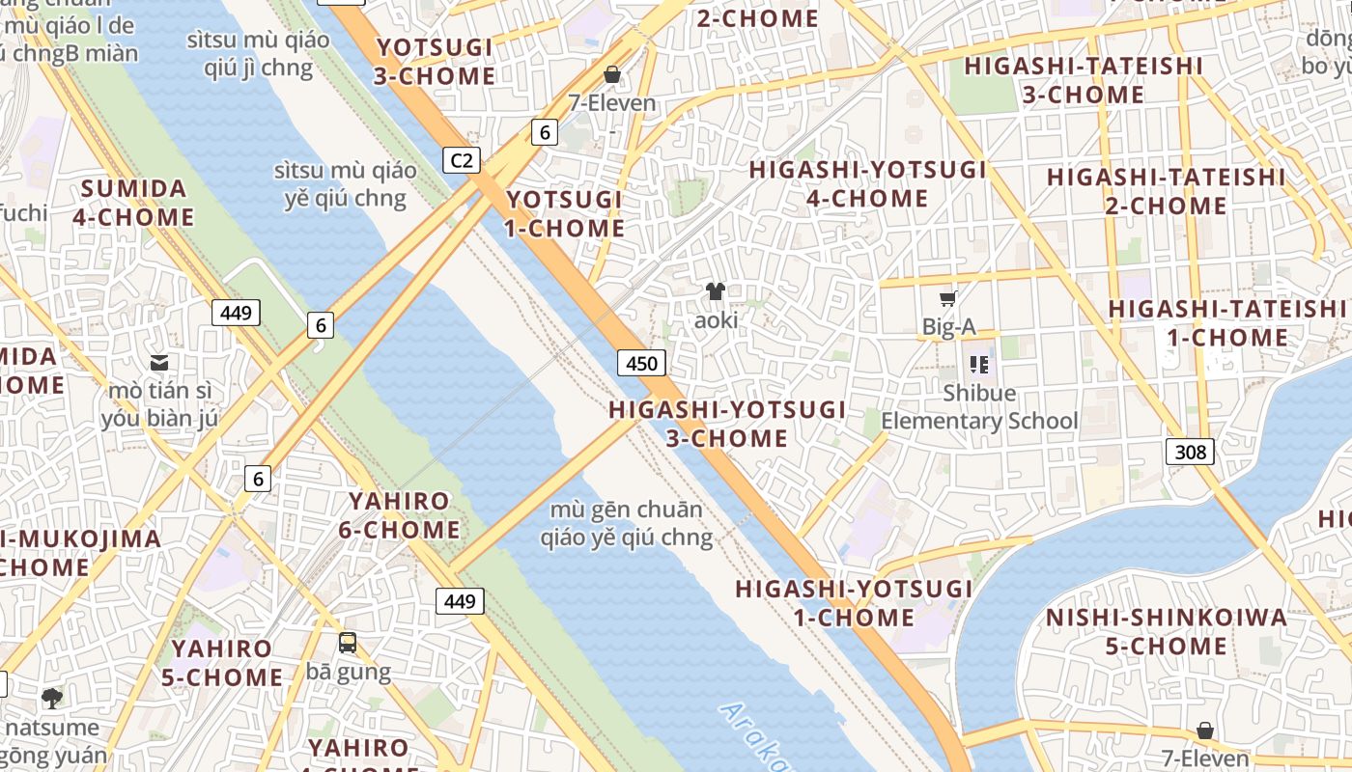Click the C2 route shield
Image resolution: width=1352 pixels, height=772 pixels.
[x=462, y=159]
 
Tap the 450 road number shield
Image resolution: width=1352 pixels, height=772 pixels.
[x=641, y=363]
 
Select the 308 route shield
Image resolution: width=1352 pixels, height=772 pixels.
[x=1189, y=451]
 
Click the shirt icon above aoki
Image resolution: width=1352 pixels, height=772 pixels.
[x=715, y=290]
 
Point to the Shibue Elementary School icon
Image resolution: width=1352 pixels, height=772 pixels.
[x=979, y=365]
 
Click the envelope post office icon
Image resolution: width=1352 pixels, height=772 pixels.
[x=159, y=363]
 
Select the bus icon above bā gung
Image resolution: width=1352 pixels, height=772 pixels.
[x=348, y=642]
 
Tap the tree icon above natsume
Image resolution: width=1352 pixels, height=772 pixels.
[x=51, y=697]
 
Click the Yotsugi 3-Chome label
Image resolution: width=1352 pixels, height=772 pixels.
[x=435, y=62]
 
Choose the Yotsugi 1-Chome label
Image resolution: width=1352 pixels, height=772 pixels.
[x=565, y=213]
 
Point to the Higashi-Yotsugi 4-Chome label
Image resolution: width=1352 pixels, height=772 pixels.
[x=867, y=184]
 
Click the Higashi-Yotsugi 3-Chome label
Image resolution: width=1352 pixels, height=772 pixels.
[x=727, y=424]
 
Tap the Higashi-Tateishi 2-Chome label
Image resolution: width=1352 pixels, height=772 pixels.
[x=1166, y=191]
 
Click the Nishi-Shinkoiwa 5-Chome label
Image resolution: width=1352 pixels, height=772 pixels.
[x=1167, y=631]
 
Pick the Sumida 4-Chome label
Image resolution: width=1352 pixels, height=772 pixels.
[x=133, y=202]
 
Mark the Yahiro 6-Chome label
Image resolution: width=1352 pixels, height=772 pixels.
[x=399, y=515]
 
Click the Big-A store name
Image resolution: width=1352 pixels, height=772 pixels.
[x=948, y=327]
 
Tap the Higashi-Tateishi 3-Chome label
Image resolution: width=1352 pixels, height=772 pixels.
[x=1084, y=80]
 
